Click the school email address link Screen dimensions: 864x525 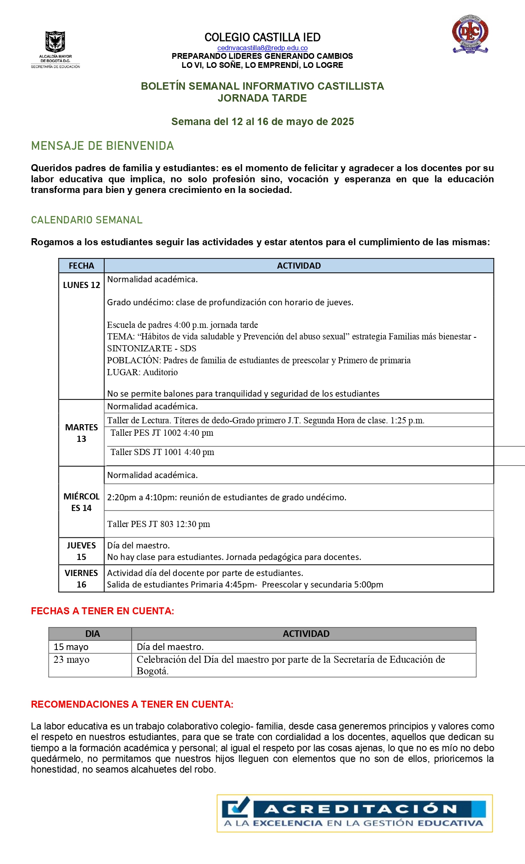point(262,48)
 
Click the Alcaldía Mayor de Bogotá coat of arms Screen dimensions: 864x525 point(55,42)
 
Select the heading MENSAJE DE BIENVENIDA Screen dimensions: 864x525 point(103,146)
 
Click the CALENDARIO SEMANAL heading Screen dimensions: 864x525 point(86,220)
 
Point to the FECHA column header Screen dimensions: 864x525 point(81,266)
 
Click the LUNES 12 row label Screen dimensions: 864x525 point(81,285)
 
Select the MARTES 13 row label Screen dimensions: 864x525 point(81,433)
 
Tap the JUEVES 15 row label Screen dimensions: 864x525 point(81,551)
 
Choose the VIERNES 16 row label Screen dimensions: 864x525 point(81,578)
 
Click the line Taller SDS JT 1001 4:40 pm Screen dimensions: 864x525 point(162,452)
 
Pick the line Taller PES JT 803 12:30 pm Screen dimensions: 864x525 point(159,524)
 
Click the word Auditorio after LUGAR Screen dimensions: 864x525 point(160,372)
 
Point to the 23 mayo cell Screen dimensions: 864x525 point(71,660)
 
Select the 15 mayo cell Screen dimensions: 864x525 point(71,647)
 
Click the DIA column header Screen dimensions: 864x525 point(92,634)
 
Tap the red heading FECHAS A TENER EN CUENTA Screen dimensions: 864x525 point(103,611)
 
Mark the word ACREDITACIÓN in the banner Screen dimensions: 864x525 point(361,809)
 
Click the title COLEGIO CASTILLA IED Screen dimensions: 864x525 point(262,37)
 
